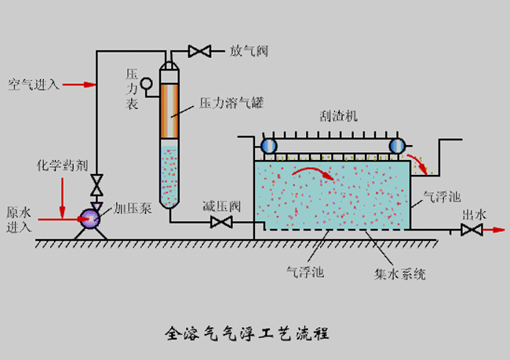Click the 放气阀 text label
[250, 51]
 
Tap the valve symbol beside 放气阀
[199, 52]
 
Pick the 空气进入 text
[34, 84]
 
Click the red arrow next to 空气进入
[78, 84]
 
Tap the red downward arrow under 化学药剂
[61, 202]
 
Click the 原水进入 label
[20, 220]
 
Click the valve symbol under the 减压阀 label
[221, 224]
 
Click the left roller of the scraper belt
[270, 146]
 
